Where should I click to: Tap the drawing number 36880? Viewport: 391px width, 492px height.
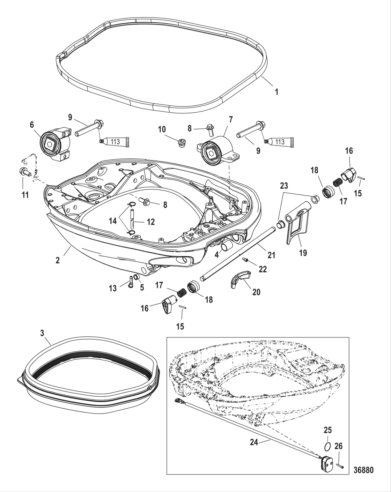point(363,470)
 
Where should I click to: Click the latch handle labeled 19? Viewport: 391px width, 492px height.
point(297,226)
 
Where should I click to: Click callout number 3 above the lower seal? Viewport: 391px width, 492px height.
point(42,333)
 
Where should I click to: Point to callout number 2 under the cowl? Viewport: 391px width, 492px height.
point(57,260)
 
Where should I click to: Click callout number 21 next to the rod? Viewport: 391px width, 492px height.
point(271,255)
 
